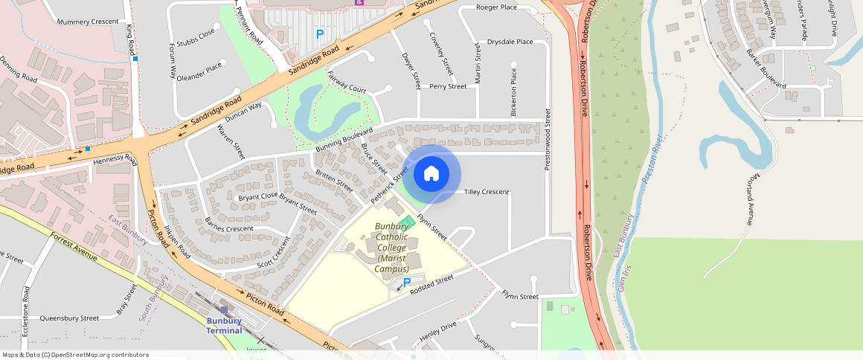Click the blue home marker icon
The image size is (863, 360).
[x=431, y=174]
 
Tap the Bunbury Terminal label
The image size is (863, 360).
[x=224, y=326]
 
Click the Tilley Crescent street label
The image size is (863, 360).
[x=486, y=192]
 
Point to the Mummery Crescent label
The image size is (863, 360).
[x=88, y=22]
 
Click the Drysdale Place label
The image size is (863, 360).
[x=510, y=42]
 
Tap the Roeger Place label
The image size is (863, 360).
[x=497, y=7]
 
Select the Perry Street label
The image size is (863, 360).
[x=448, y=86]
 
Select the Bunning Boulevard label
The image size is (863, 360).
[x=344, y=140]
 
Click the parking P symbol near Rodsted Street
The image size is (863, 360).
[x=407, y=283]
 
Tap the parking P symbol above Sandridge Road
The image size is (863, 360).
[x=320, y=33]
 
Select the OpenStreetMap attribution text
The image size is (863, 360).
[x=75, y=355]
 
